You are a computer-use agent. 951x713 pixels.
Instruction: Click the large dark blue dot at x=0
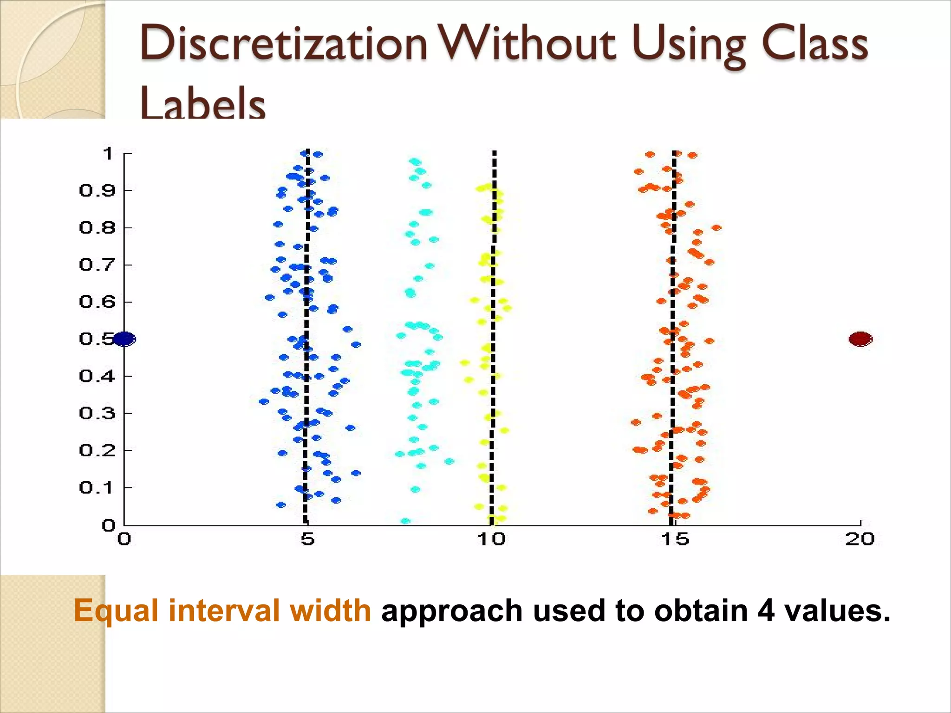coord(124,339)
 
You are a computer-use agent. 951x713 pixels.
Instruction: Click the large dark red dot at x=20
coord(860,339)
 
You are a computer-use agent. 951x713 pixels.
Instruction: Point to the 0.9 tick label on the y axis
coord(97,190)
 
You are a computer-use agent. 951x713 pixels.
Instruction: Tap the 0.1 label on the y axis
coord(97,487)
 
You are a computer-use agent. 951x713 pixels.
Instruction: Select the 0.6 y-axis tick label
coord(97,302)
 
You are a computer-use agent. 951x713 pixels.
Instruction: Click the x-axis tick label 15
coord(675,539)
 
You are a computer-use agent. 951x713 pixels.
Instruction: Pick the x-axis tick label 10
coord(491,539)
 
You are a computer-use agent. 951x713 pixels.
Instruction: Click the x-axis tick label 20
coord(860,539)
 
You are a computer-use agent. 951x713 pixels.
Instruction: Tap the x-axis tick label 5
coord(307,539)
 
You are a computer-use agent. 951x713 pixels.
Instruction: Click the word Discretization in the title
coord(283,44)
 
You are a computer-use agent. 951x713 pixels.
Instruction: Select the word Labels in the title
coord(202,103)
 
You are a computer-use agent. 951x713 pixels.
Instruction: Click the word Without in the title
coord(528,44)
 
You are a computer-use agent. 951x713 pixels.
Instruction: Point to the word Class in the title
coord(814,44)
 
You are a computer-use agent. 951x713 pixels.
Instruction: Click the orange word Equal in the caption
coord(116,611)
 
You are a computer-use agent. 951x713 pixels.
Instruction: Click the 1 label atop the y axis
coord(108,153)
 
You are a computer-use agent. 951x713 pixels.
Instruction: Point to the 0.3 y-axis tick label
coord(97,413)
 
